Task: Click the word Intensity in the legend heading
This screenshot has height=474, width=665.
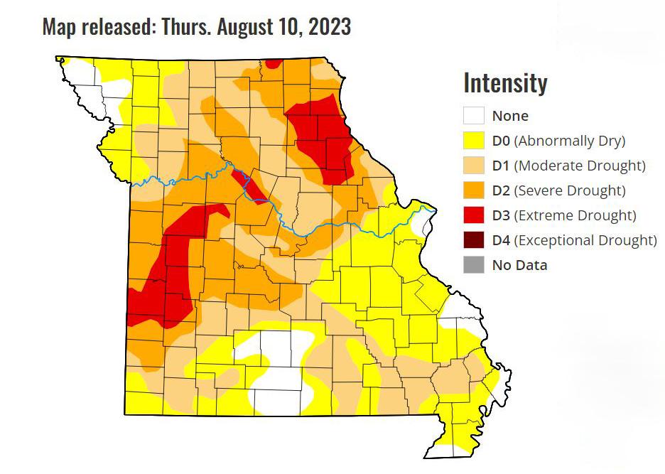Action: [505, 83]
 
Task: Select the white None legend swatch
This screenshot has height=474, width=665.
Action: [474, 116]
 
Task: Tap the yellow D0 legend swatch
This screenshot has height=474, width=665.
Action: [474, 141]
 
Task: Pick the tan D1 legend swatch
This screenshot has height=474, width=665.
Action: [474, 166]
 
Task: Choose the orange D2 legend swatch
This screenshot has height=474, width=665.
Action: [474, 190]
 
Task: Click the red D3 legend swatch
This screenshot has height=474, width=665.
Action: [474, 215]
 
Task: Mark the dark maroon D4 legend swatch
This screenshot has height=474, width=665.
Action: [474, 240]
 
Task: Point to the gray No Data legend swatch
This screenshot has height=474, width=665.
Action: [474, 265]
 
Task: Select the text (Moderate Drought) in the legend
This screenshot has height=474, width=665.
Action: [579, 166]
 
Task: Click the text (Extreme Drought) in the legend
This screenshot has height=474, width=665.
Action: [575, 215]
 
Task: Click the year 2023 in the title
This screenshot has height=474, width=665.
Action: [329, 26]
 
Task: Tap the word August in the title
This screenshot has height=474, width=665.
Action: [245, 26]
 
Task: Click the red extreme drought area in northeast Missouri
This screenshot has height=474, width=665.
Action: [323, 139]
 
